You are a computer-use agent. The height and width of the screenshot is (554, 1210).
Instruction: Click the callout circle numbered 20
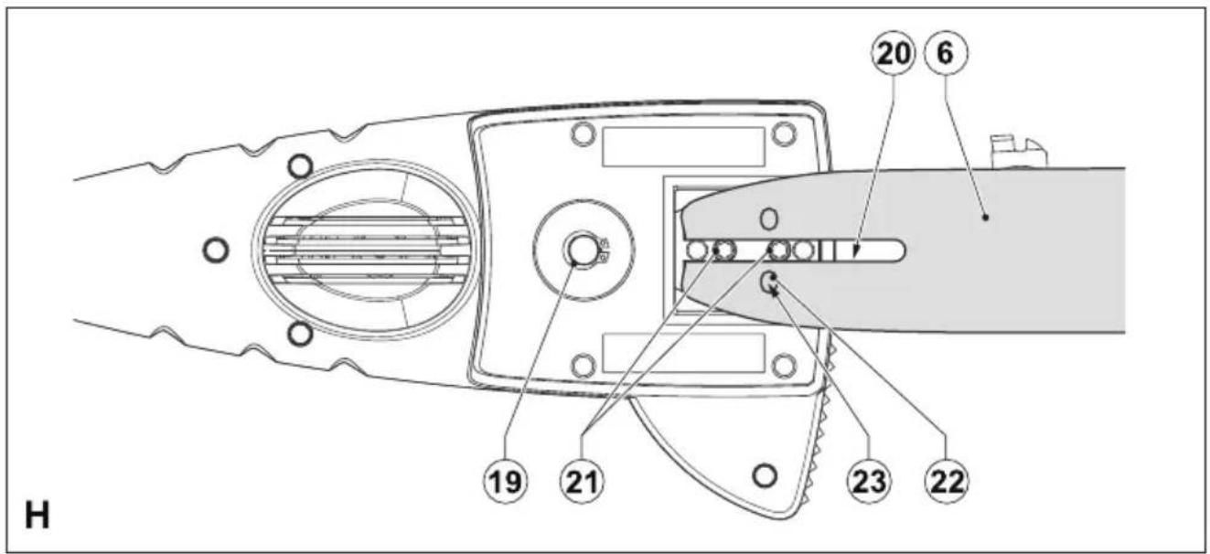pos(893,54)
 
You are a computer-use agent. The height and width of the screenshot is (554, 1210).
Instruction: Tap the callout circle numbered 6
pos(947,53)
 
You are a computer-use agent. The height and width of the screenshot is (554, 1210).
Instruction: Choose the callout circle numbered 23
pos(869,481)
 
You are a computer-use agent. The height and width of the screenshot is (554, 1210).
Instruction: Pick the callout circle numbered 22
pos(947,481)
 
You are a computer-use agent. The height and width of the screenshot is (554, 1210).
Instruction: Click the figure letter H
pos(37,515)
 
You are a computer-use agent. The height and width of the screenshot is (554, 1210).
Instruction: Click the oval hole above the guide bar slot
pos(768,218)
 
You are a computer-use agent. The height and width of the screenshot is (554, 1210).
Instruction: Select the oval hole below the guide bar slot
pos(768,282)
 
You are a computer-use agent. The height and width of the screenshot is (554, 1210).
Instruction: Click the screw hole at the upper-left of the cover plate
pos(583,133)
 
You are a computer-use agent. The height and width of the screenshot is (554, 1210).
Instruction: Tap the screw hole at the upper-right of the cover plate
pos(785,133)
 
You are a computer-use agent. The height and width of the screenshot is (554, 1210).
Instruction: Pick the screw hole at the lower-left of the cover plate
pos(583,366)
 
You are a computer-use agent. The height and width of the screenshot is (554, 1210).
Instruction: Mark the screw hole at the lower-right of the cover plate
pos(785,366)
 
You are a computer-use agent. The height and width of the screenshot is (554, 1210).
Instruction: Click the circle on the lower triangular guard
pos(765,475)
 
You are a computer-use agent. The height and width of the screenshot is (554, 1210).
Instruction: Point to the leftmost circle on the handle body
pos(216,250)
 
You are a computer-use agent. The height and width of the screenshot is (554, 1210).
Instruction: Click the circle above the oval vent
pos(300,165)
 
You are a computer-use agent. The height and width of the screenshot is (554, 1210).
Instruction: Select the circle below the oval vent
pos(300,335)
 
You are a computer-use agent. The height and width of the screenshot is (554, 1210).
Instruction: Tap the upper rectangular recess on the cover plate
pos(683,146)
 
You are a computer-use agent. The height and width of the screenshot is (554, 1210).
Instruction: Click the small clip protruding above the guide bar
pos(1018,151)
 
